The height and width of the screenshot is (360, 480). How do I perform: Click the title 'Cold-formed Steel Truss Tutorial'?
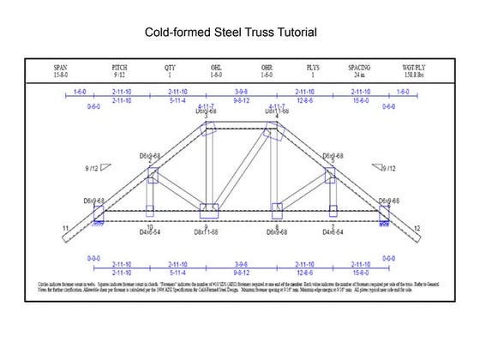(x=231, y=33)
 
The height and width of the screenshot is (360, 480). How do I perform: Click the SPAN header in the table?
(x=60, y=66)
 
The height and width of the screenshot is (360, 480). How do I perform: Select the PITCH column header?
(x=119, y=66)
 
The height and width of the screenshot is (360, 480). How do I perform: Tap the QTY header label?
(x=169, y=66)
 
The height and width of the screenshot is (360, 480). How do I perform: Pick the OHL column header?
(x=217, y=66)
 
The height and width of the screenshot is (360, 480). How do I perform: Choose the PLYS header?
(x=313, y=66)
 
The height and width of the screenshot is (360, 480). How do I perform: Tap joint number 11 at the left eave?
(x=65, y=228)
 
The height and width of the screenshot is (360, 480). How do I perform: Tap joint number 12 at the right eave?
(x=417, y=228)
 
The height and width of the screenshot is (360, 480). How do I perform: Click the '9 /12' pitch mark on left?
(x=93, y=169)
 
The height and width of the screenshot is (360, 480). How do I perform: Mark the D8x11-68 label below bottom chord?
(x=207, y=232)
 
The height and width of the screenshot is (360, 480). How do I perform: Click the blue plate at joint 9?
(x=208, y=210)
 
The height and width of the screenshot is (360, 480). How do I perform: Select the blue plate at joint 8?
(x=276, y=210)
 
